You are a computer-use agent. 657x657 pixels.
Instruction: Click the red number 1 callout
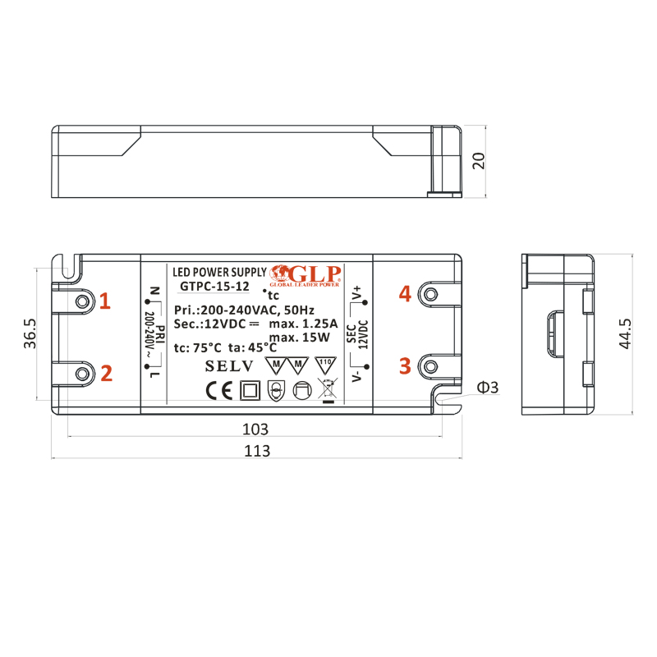point(104,301)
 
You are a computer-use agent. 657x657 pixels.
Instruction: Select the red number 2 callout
point(106,374)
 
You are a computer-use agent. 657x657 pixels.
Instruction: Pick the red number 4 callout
point(404,293)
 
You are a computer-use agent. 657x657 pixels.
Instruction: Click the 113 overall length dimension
point(258,451)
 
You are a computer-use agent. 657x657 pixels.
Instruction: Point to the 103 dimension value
point(257,430)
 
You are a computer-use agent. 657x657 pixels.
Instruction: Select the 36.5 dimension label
point(30,334)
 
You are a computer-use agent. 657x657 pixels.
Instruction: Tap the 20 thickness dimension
point(480,160)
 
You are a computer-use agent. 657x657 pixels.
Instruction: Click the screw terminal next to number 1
point(81,301)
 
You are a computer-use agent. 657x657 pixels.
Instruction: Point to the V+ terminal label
point(357,294)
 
